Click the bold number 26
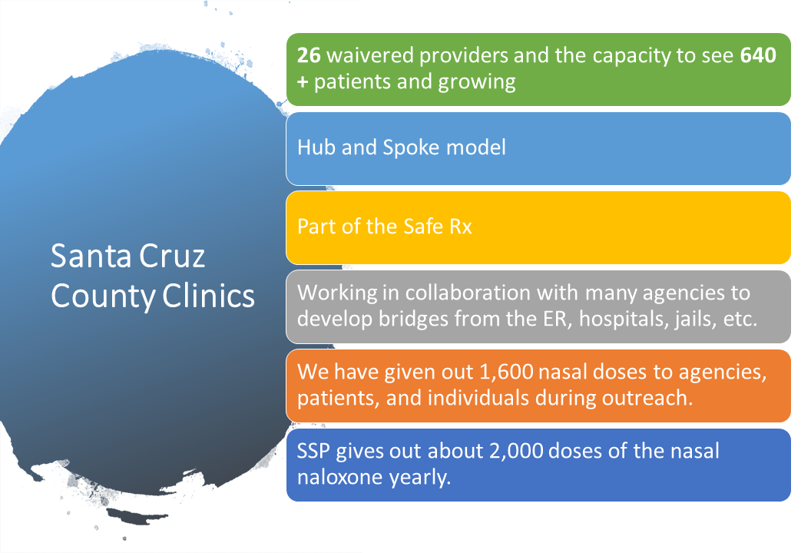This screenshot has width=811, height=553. (309, 55)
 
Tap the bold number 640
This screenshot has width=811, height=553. (758, 55)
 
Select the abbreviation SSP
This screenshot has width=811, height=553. (313, 452)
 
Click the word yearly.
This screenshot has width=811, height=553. (420, 478)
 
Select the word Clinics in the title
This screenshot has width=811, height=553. (208, 296)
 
